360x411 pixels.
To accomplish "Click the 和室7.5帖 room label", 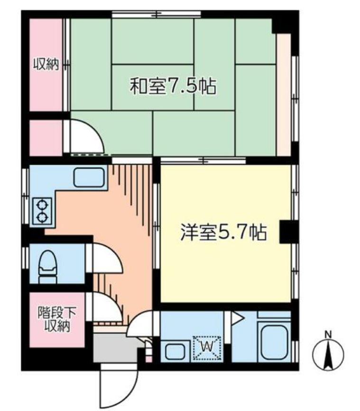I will pos(173,87).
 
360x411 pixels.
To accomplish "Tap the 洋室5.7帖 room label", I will pos(222,233).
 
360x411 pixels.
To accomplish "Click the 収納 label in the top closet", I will pos(46,65).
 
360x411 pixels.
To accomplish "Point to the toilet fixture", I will pos(48,266).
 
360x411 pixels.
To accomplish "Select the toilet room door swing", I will pos(105,259).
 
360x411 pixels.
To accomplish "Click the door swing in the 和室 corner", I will pos(86,138).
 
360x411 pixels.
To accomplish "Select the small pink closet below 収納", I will pos(46,138).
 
